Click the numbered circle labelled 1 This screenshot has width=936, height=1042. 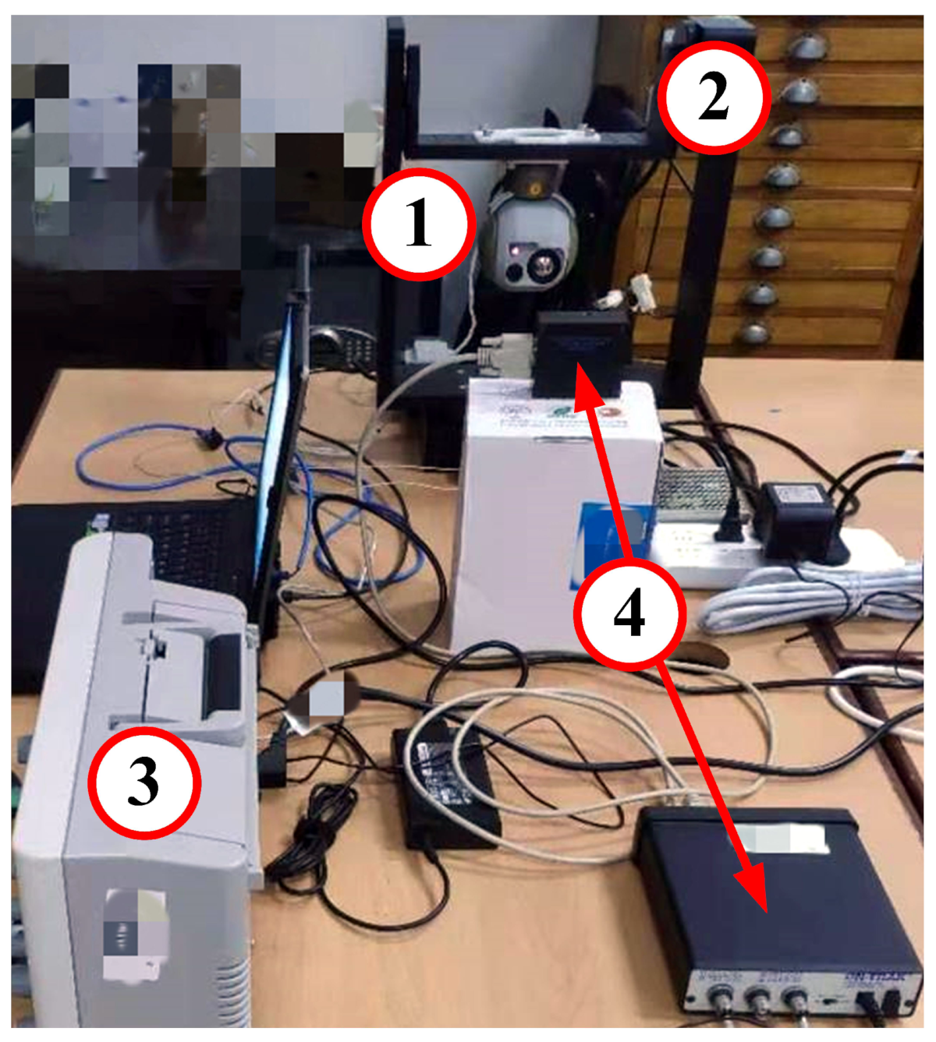pyautogui.click(x=419, y=224)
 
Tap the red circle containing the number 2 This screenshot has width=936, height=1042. pyautogui.click(x=714, y=97)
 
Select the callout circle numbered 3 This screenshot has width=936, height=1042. pyautogui.click(x=144, y=782)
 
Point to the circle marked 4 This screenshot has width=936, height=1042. pyautogui.click(x=629, y=613)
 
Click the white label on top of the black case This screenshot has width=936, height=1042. pyautogui.click(x=780, y=839)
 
